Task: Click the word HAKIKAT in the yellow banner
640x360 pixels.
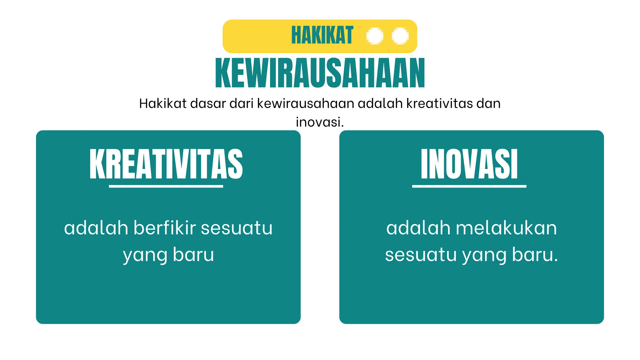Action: tap(322, 35)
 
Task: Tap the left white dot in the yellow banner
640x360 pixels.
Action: tap(375, 36)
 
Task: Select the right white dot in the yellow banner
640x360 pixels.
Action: tap(400, 36)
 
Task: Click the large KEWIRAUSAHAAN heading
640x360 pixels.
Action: tap(320, 73)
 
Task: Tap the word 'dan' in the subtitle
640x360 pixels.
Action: tap(488, 103)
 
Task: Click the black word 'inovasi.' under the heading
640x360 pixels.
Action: tap(320, 122)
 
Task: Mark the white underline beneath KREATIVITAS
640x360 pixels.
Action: tap(166, 186)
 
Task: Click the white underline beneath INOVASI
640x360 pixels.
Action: tap(469, 186)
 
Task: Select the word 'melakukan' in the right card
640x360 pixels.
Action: tap(506, 228)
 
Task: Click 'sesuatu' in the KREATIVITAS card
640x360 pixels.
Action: tap(237, 228)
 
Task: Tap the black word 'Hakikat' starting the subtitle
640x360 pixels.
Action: tap(163, 103)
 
